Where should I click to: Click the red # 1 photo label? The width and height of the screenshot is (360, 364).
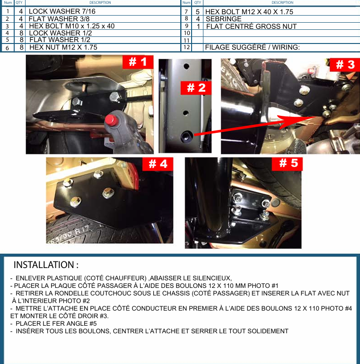pyautogui.click(x=138, y=62)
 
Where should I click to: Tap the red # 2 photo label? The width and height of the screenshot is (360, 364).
pyautogui.click(x=196, y=88)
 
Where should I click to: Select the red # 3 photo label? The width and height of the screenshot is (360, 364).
pyautogui.click(x=345, y=65)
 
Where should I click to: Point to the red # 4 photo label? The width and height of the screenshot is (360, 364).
pyautogui.click(x=158, y=164)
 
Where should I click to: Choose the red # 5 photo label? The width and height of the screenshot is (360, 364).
pyautogui.click(x=287, y=164)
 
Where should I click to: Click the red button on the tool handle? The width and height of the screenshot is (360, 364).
pyautogui.click(x=111, y=120)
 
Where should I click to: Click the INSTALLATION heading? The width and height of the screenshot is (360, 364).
pyautogui.click(x=46, y=265)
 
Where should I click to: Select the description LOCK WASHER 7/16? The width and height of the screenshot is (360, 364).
pyautogui.click(x=62, y=11)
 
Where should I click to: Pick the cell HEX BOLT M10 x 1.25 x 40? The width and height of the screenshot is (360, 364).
pyautogui.click(x=72, y=26)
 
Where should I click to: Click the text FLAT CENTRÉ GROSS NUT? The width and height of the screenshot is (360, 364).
pyautogui.click(x=251, y=26)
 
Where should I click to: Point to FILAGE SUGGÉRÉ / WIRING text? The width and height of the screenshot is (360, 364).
pyautogui.click(x=252, y=47)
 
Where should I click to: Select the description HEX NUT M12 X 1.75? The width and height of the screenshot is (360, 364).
pyautogui.click(x=63, y=47)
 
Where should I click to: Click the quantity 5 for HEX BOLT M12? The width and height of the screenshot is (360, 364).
pyautogui.click(x=198, y=12)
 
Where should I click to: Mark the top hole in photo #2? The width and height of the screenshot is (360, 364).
pyautogui.click(x=186, y=66)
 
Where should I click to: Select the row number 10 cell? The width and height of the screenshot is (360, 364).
pyautogui.click(x=187, y=33)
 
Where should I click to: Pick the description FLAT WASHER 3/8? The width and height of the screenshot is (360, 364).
pyautogui.click(x=59, y=19)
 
